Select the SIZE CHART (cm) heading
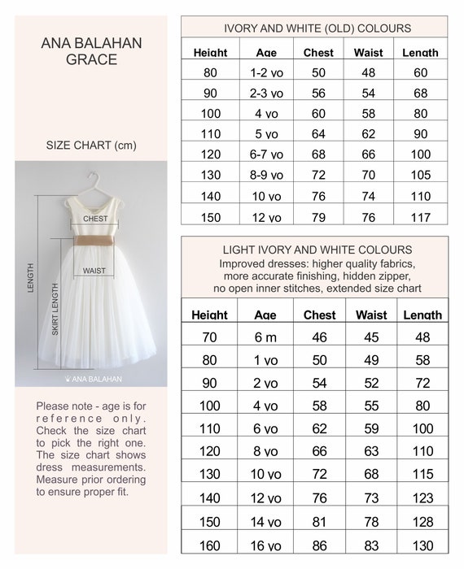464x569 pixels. (90, 146)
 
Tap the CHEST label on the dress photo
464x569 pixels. (95, 219)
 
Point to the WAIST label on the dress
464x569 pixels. (94, 271)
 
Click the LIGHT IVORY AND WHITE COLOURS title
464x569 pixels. (317, 250)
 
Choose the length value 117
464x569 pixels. (420, 217)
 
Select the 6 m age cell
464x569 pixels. (265, 336)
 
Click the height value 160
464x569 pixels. (210, 546)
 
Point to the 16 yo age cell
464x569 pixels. (265, 546)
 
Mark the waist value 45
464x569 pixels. (370, 336)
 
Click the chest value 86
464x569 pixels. (319, 546)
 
